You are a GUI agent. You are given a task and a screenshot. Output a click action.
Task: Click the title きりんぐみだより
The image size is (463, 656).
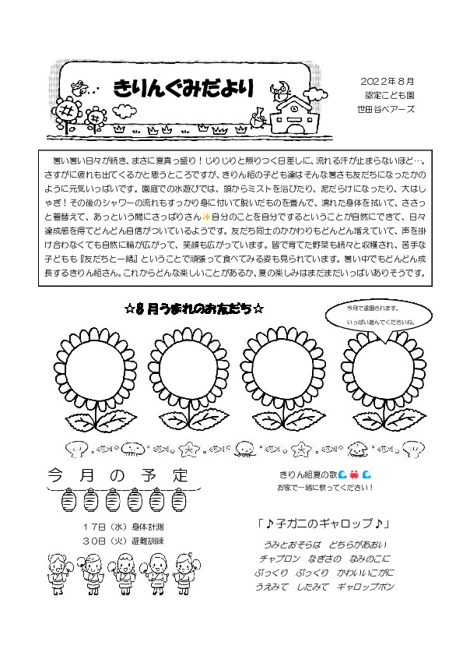[184, 90]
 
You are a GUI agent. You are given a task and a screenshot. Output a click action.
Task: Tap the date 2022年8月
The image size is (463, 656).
[388, 82]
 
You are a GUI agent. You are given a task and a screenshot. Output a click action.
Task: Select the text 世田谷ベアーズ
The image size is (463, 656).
[381, 110]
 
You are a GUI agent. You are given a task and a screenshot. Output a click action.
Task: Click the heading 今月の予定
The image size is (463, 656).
[118, 474]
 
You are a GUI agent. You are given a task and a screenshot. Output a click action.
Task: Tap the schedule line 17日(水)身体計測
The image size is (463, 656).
[123, 527]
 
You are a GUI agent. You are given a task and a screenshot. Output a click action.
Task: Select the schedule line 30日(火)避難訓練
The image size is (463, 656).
[123, 541]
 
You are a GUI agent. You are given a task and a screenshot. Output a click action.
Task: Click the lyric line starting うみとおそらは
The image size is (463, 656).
[325, 544]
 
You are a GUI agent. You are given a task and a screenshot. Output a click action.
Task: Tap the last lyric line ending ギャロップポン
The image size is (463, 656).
[325, 587]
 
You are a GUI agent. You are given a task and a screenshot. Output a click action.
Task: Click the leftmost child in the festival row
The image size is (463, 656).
[61, 573]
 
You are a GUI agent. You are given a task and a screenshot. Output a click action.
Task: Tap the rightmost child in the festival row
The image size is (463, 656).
[184, 573]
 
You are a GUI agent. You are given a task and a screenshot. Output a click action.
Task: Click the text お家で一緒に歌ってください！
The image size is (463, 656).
[324, 488]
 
